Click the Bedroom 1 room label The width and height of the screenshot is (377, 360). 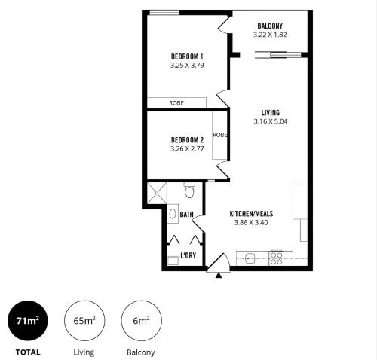coord(187,56)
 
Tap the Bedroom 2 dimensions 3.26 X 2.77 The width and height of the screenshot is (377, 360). coord(187,149)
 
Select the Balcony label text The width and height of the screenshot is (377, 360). coord(270,26)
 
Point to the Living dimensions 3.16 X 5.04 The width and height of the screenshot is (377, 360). coord(271,121)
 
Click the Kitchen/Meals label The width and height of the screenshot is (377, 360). coord(251,214)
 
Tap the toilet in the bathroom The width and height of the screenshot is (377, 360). coord(189,190)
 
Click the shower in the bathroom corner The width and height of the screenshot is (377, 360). coord(157,193)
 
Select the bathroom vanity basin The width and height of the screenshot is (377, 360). coord(173,214)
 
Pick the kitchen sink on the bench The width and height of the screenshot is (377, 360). coord(250,258)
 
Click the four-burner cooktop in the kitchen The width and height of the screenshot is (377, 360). coord(277,258)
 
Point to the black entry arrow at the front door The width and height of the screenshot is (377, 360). coord(219,276)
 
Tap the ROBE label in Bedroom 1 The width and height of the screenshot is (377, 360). coord(176,103)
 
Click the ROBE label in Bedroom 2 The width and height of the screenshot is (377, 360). coord(220,135)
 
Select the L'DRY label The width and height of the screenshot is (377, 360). coord(188,255)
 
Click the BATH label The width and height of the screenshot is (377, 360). coord(187,215)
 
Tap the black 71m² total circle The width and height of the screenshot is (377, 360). coord(28,321)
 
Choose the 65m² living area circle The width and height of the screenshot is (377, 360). coord(84,321)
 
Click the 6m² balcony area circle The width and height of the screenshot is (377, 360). coord(141,321)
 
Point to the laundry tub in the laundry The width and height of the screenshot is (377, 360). coord(173,261)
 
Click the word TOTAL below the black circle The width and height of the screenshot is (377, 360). coord(28,352)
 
